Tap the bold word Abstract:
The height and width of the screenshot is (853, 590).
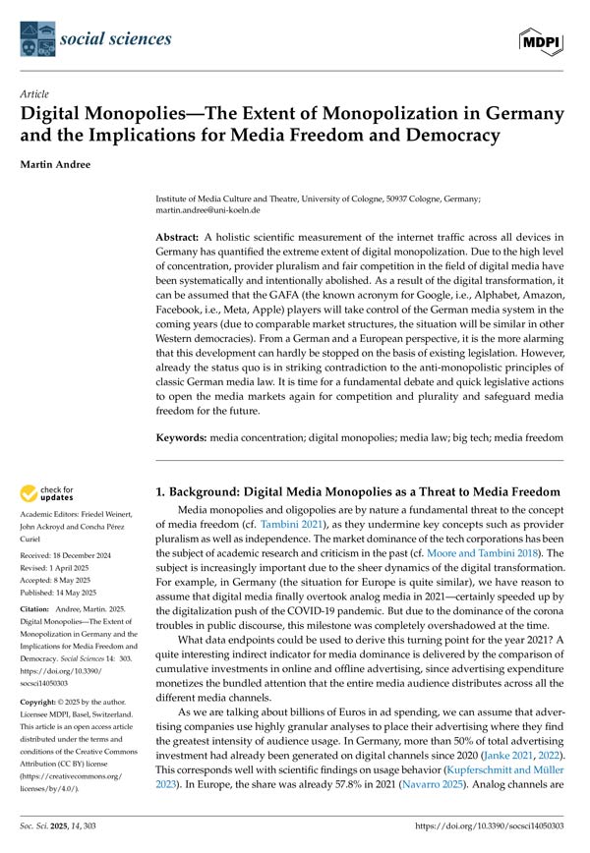click(184, 239)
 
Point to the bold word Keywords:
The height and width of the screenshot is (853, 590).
click(187, 433)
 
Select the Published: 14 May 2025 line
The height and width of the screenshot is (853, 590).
click(74, 596)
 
